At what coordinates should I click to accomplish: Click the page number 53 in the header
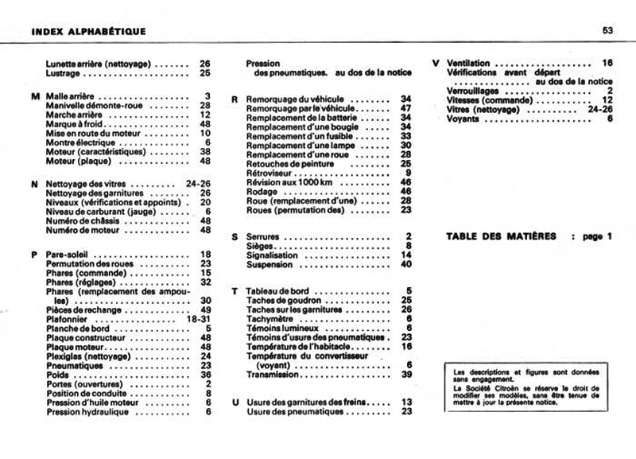point(607,31)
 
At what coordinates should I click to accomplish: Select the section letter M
point(34,96)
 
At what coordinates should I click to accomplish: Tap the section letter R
point(235,99)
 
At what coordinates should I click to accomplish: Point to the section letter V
point(436,63)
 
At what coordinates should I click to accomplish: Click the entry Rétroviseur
point(270,173)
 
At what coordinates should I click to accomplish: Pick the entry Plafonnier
point(70,318)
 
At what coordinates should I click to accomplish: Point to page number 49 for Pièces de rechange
point(205,309)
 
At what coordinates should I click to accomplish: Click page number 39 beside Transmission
point(406,374)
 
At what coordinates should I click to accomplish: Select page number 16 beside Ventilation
point(607,63)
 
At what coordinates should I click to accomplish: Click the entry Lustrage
point(64,72)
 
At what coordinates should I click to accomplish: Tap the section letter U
point(235,403)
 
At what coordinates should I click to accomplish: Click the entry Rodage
point(262,192)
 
